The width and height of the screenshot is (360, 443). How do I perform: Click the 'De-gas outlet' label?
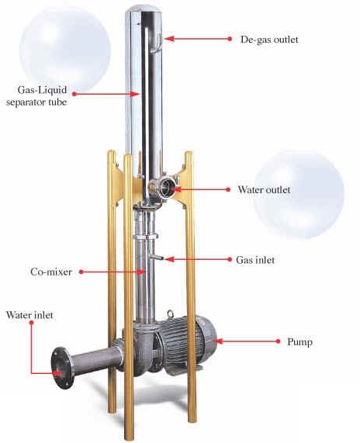pyautogui.click(x=269, y=39)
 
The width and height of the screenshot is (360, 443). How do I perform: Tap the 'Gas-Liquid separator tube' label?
pyautogui.click(x=37, y=95)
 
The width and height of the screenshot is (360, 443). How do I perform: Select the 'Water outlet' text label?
pyautogui.click(x=264, y=189)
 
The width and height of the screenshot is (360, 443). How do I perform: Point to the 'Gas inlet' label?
pyautogui.click(x=255, y=259)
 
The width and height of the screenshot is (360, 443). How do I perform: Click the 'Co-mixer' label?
pyautogui.click(x=51, y=272)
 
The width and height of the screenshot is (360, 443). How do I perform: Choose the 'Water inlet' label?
pyautogui.click(x=29, y=315)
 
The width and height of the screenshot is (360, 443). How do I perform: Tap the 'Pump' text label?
pyautogui.click(x=299, y=342)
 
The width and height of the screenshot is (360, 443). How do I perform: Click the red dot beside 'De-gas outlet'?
pyautogui.click(x=230, y=39)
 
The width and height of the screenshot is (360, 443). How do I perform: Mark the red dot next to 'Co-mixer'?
pyautogui.click(x=81, y=272)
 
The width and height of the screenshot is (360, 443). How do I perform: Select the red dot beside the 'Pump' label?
pyautogui.click(x=278, y=341)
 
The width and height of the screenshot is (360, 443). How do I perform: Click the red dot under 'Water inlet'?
pyautogui.click(x=31, y=323)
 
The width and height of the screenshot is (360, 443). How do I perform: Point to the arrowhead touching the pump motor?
pyautogui.click(x=219, y=341)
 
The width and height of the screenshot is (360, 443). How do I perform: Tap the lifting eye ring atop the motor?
pyautogui.click(x=170, y=313)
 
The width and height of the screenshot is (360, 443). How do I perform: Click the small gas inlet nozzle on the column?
pyautogui.click(x=157, y=258)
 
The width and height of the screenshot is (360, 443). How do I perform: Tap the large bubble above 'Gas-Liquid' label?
pyautogui.click(x=65, y=49)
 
